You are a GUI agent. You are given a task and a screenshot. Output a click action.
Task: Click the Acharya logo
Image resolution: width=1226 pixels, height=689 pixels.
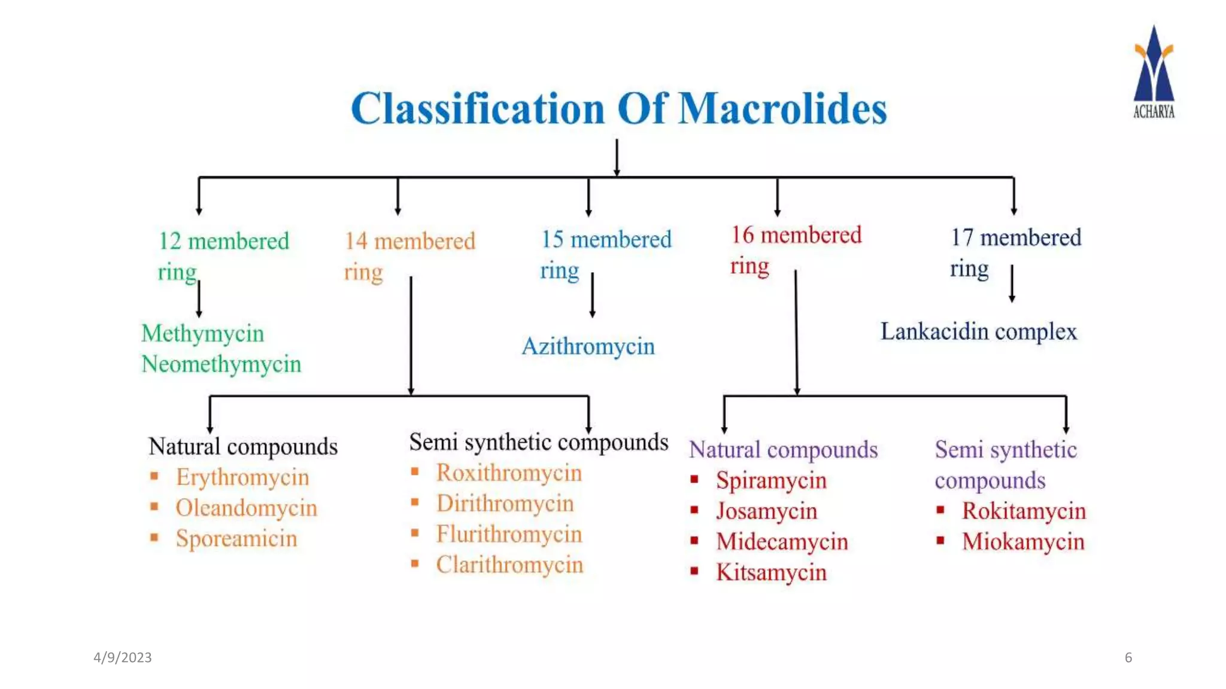pos(1154,72)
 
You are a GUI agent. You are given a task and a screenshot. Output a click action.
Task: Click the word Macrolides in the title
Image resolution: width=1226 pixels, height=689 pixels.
pos(782,109)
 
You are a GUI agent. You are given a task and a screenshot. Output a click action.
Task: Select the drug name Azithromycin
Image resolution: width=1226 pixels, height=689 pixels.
pos(588,346)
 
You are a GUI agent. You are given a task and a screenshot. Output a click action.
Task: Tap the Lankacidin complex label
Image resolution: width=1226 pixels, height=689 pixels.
pos(978,331)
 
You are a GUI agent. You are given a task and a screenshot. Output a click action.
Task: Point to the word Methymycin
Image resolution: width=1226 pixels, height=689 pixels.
pos(202,333)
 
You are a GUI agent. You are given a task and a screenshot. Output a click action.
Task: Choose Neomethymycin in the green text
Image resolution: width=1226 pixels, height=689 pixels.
pos(221,364)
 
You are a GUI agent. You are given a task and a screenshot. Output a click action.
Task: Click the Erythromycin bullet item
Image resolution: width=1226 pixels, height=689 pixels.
pos(242,477)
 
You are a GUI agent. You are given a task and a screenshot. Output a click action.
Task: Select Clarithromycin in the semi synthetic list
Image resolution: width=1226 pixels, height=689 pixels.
pos(509,565)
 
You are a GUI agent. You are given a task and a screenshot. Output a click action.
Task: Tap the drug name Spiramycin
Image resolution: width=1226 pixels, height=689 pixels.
pos(771,480)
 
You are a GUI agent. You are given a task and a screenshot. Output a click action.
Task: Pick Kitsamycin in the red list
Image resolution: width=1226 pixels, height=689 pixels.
pos(771,572)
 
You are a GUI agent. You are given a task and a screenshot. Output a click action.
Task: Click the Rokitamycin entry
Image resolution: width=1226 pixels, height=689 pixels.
pos(1024,511)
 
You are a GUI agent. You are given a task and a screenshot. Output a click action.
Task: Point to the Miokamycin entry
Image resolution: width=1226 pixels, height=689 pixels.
pos(1023,541)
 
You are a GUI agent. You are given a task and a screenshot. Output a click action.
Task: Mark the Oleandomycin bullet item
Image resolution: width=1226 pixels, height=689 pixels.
pos(246,508)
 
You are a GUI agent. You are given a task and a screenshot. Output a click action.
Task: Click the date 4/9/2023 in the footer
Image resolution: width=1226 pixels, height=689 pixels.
pos(123,657)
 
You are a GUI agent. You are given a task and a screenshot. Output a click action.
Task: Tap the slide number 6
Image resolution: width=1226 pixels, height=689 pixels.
pos(1128,657)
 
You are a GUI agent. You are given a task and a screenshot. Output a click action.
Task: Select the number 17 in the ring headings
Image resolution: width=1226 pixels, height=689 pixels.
pos(961,237)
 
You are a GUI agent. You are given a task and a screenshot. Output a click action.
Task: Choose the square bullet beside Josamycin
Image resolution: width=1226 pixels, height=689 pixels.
pos(694,510)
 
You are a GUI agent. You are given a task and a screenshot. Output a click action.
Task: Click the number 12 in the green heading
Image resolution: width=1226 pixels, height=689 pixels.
pos(169,241)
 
